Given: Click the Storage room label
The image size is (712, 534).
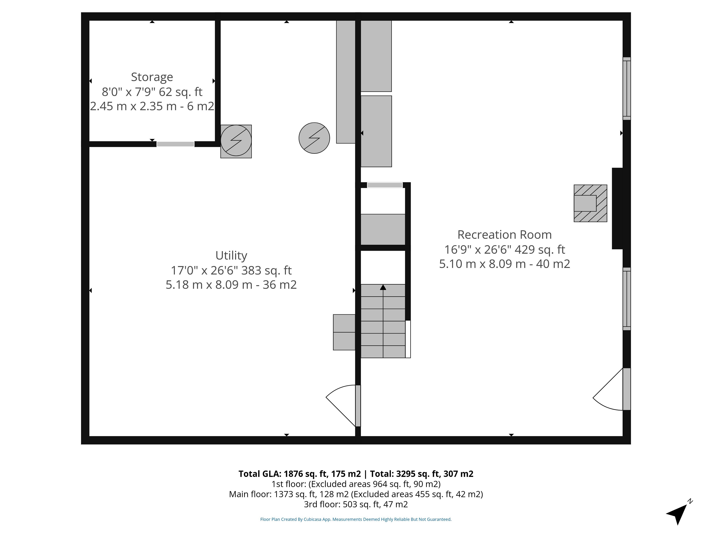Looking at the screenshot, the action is pos(152,77).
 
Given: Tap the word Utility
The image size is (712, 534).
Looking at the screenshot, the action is pos(231,256).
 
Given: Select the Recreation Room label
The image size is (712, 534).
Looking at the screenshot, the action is pos(504,235).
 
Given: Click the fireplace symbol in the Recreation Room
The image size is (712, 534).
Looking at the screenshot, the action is pos(590,203).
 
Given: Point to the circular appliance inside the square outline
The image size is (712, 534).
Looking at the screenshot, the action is pos(236,140).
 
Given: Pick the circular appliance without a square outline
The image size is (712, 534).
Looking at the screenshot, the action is pos(314,138).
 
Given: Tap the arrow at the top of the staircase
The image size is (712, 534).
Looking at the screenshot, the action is pos(383,287).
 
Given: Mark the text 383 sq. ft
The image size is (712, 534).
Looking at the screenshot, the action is pos(266,270).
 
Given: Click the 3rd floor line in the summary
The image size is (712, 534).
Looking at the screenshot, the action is pos(356,504).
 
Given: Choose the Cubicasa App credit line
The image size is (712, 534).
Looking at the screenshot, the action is pos(356,519).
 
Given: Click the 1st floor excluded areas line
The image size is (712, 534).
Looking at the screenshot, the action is pos(356,484).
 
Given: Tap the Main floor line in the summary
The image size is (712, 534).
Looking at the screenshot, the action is pos(356,494).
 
